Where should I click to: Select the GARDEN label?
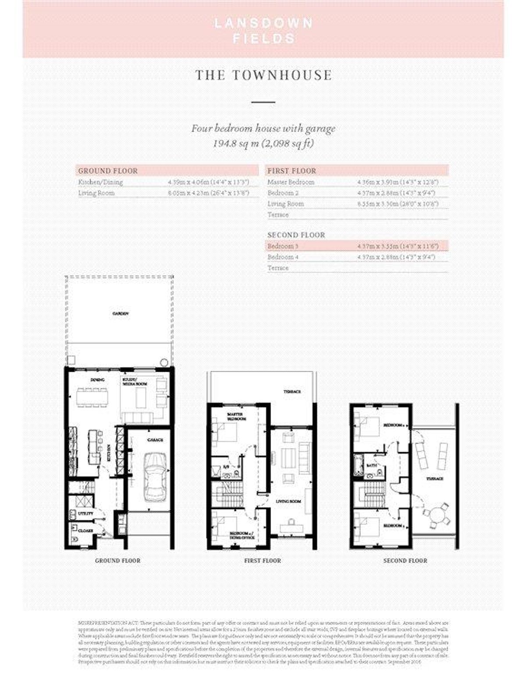click(121, 314)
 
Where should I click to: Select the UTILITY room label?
click(85, 513)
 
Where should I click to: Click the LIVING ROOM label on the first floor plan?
click(288, 501)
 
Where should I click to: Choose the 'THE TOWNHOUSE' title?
click(263, 75)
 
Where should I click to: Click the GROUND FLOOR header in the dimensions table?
click(108, 171)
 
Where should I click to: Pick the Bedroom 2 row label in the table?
click(283, 193)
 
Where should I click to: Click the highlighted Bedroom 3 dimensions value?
click(398, 246)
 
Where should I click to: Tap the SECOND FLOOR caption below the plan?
click(405, 560)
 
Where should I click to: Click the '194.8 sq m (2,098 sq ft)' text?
click(263, 144)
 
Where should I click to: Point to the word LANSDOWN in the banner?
click(263, 23)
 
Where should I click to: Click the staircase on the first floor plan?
click(228, 494)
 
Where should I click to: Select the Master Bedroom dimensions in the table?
click(398, 182)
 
